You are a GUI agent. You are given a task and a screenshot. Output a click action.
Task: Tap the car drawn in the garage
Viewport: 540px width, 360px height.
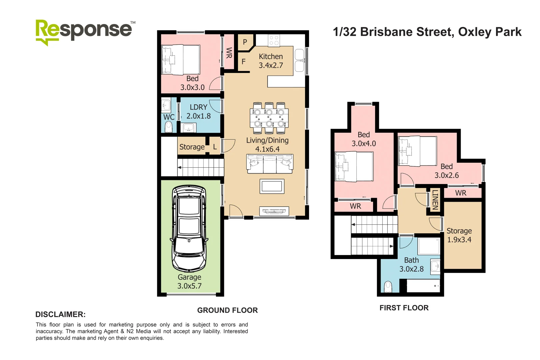click(189, 229)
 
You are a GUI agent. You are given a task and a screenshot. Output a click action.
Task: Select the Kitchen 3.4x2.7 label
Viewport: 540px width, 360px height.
click(271, 61)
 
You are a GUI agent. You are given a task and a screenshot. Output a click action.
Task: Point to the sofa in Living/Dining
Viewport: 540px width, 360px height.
click(270, 164)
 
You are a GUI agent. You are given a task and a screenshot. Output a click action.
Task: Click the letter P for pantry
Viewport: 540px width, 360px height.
click(245, 42)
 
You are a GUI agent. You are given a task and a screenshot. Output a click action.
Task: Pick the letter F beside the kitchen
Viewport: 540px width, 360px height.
click(244, 62)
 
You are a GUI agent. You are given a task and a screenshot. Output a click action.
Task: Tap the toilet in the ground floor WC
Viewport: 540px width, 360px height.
click(169, 127)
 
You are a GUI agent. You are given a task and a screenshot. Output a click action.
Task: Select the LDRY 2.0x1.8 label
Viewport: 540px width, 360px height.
click(199, 112)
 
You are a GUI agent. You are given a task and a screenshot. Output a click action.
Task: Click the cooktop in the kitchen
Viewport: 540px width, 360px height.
click(274, 41)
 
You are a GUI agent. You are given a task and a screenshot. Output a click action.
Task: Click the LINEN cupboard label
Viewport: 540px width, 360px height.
click(435, 200)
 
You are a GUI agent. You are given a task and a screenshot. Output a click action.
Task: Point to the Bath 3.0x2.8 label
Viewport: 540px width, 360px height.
click(412, 265)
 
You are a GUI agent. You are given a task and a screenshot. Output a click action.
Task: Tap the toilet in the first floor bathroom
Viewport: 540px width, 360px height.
click(388, 287)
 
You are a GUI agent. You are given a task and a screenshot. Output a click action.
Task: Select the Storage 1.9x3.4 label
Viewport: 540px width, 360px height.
click(459, 235)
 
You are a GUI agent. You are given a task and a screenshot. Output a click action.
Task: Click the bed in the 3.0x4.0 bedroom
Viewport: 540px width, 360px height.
click(354, 166)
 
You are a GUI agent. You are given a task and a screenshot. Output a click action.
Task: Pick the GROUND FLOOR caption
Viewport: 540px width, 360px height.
click(227, 310)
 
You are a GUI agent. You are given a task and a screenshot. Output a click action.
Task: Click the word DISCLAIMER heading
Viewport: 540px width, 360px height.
click(60, 314)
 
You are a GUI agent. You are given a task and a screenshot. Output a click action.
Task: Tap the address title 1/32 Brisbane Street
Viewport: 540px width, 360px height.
click(427, 32)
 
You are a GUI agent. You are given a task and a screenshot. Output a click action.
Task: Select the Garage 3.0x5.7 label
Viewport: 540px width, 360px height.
click(189, 282)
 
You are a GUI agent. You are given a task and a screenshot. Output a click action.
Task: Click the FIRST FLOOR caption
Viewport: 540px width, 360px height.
click(404, 308)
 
